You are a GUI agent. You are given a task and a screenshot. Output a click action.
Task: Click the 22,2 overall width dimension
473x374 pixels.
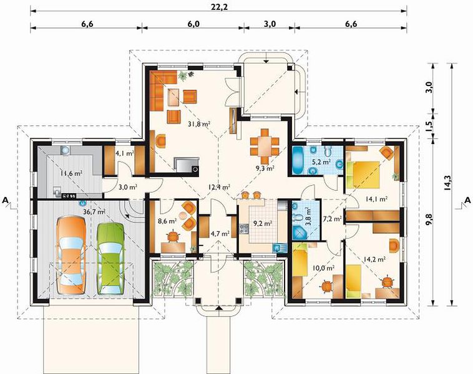pyautogui.click(x=219, y=7)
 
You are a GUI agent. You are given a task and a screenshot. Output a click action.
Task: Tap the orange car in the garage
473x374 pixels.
pyautogui.click(x=71, y=255)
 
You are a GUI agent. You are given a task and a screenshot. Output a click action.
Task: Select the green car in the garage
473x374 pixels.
pyautogui.click(x=110, y=259)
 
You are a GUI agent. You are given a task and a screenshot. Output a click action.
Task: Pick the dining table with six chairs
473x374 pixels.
pyautogui.click(x=265, y=146)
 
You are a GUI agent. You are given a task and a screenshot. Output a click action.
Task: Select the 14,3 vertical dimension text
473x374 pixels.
pyautogui.click(x=447, y=183)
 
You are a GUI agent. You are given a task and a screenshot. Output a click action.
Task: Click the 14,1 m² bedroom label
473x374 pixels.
pyautogui.click(x=376, y=199)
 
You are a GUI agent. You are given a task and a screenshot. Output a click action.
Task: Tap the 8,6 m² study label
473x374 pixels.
pyautogui.click(x=167, y=221)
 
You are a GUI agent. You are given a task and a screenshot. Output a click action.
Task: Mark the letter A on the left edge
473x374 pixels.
pyautogui.click(x=5, y=200)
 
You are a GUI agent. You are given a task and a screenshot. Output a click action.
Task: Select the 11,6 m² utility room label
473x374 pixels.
pyautogui.click(x=72, y=173)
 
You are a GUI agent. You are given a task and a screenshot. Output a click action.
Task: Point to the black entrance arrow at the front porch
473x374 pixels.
pyautogui.click(x=218, y=308)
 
